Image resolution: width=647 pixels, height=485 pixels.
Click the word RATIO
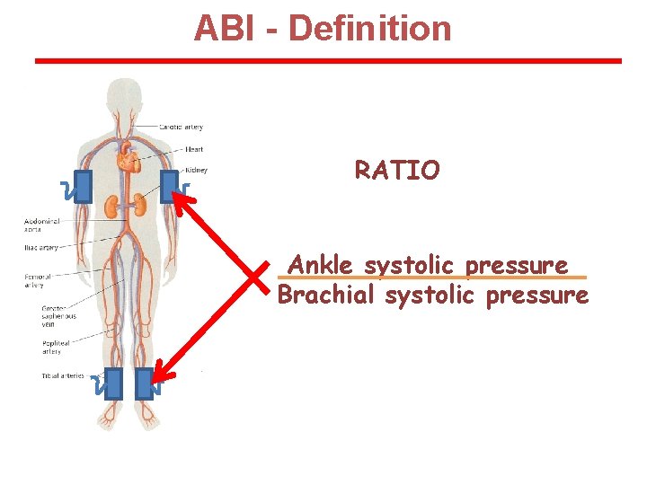[397, 170]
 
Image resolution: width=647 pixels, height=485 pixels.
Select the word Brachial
[327, 295]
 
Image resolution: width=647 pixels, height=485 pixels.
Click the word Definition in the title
[370, 29]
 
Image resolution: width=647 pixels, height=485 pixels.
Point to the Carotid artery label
[182, 127]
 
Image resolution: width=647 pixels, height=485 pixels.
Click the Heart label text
[194, 149]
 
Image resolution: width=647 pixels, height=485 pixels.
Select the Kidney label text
[196, 170]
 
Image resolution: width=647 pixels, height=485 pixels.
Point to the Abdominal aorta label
[42, 225]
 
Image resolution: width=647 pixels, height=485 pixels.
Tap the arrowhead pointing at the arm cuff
[182, 199]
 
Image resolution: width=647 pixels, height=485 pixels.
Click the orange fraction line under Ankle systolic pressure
[431, 278]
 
